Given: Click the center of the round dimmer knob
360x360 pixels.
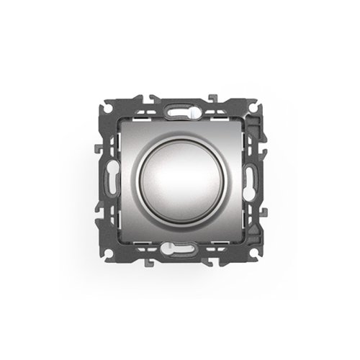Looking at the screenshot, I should [180, 178].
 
